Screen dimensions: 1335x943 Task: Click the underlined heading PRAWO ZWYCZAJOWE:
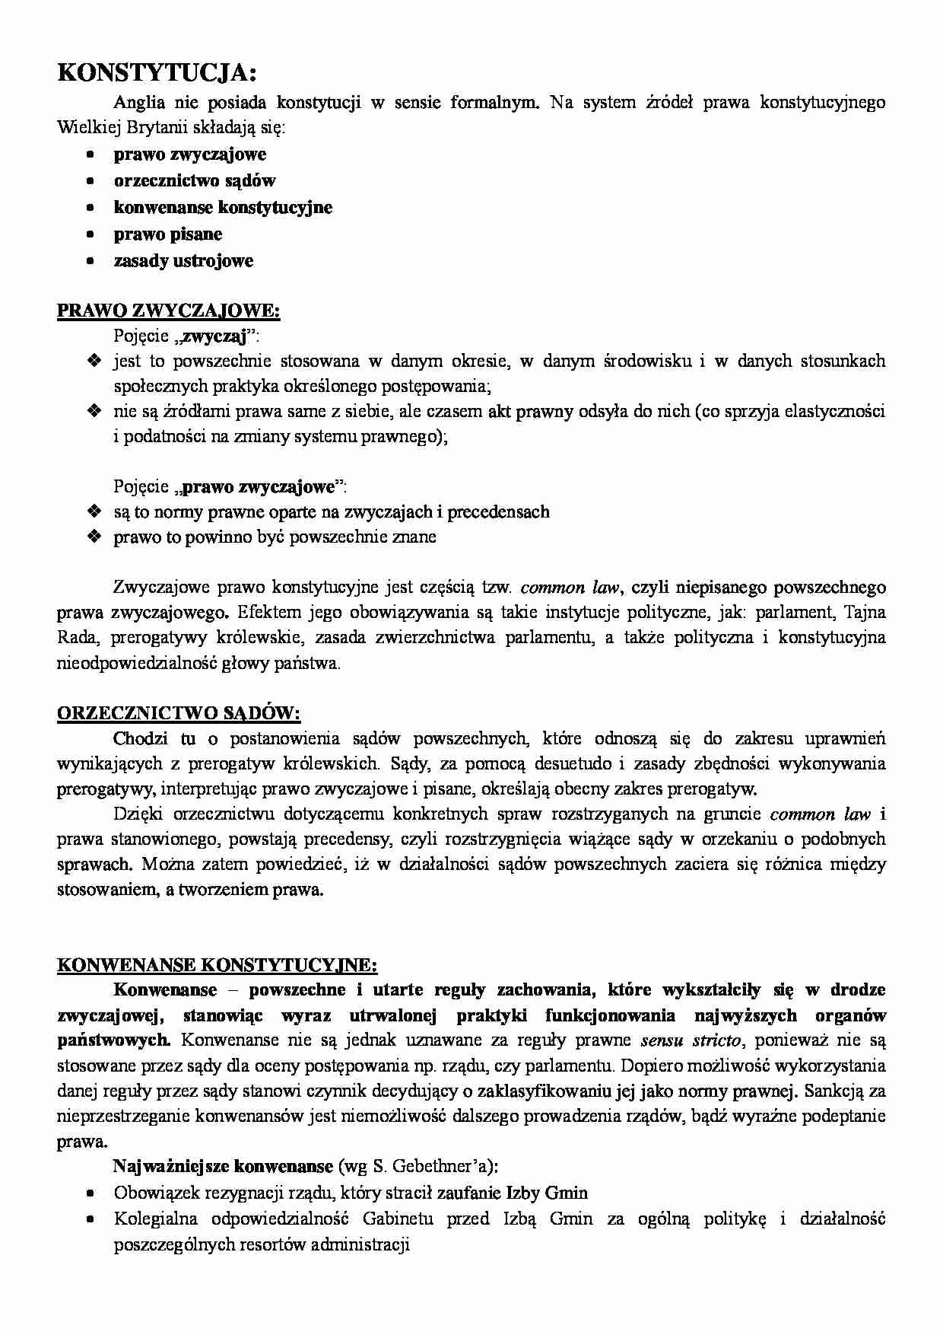pos(169,311)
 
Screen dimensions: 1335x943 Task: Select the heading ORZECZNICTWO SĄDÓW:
pos(179,713)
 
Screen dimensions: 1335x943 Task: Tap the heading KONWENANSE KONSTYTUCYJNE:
pos(217,965)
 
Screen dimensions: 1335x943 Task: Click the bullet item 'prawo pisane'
pos(167,234)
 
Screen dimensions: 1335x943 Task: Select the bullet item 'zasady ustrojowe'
pos(183,261)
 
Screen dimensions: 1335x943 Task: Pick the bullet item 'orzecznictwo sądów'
pos(195,181)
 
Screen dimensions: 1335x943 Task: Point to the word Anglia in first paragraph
pos(139,103)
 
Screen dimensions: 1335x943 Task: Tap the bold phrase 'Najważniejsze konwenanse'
pos(223,1166)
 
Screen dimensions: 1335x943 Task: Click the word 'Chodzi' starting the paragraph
pos(139,738)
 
